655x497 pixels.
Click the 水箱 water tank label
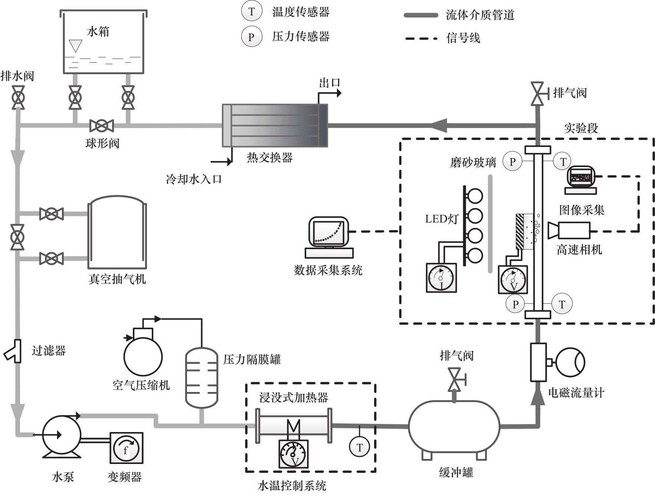tap(98, 32)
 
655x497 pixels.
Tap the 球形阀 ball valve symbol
tap(101, 126)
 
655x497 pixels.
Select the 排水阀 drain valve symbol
tap(18, 98)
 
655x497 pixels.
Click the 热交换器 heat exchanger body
tap(275, 125)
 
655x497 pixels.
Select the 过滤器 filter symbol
tap(14, 351)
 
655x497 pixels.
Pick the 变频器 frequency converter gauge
tap(126, 448)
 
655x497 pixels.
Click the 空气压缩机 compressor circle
tap(143, 356)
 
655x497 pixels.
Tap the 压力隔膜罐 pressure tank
tap(202, 377)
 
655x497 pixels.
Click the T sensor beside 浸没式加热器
tap(359, 447)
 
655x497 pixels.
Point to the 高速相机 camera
tap(570, 230)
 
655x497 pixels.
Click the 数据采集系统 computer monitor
tap(329, 232)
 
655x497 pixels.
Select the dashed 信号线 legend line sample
tap(421, 38)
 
